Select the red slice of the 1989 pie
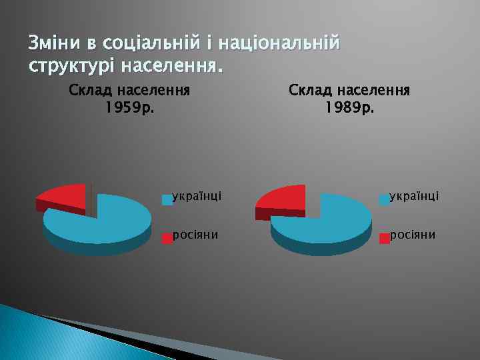coord(283,198)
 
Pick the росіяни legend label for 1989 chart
coord(413,235)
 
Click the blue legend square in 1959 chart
coord(167,199)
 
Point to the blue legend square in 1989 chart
coord(385,199)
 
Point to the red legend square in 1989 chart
coord(385,238)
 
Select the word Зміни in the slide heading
coord(51,44)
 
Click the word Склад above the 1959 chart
coord(91,90)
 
